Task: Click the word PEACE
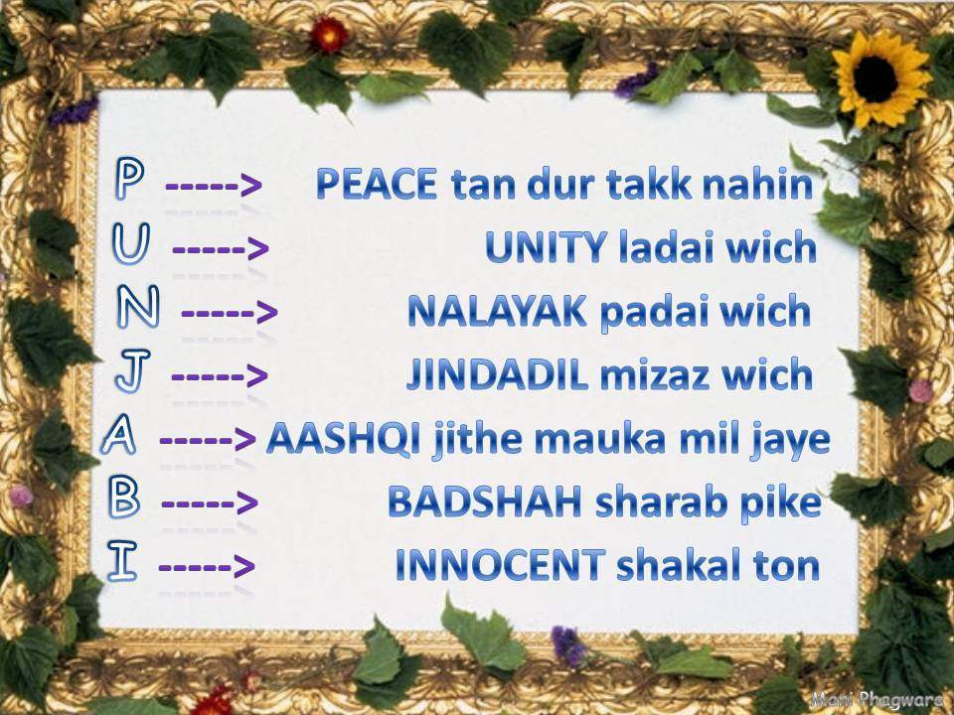tap(377, 185)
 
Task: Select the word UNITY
tap(546, 248)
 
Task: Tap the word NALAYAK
tap(497, 311)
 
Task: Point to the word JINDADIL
tap(497, 374)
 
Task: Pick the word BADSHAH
tap(485, 501)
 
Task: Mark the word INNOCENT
tap(500, 565)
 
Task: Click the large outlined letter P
tap(129, 178)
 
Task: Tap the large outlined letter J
tap(132, 370)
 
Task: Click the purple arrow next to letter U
tap(221, 249)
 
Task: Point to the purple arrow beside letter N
tap(230, 313)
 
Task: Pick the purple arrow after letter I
tap(207, 567)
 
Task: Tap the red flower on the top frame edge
tap(329, 35)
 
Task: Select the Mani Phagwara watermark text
tap(879, 699)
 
